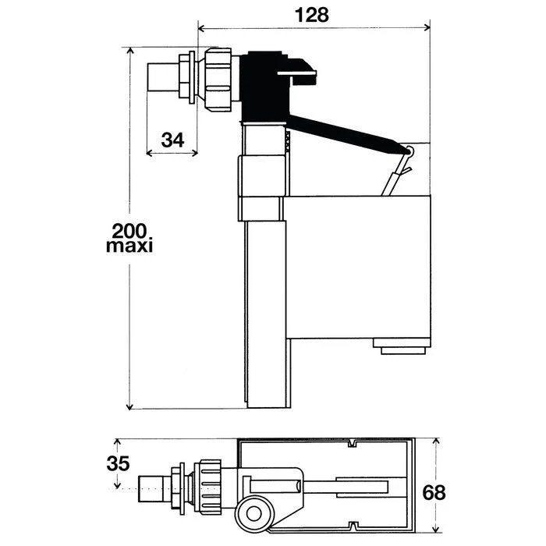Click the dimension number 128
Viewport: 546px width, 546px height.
click(312, 16)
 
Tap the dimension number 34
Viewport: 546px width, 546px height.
click(172, 140)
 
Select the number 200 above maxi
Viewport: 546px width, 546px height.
click(129, 231)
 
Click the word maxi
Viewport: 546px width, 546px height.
click(129, 246)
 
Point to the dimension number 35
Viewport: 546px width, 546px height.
click(118, 463)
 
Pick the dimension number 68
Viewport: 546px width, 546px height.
click(434, 493)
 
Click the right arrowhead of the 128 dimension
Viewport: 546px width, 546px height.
click(427, 27)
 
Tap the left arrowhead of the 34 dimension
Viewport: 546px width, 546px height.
click(150, 153)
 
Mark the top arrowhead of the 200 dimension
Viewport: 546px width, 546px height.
click(130, 51)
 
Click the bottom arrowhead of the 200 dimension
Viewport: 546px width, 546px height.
click(129, 406)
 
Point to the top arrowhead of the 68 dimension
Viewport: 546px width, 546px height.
click(435, 442)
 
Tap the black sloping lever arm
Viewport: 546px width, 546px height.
click(348, 135)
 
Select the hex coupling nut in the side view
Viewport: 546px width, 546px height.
click(218, 80)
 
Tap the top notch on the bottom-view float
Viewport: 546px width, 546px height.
click(353, 444)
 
